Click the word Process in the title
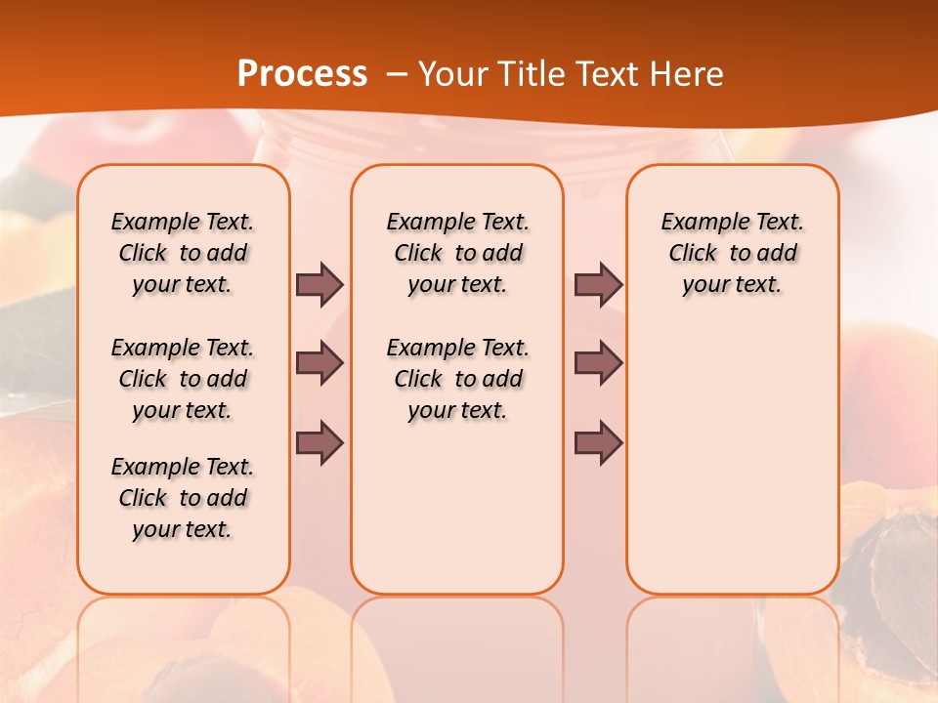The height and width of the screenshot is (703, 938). pos(302,73)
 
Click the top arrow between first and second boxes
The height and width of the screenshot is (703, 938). pos(320,284)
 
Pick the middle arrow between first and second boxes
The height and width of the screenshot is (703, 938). pos(320,363)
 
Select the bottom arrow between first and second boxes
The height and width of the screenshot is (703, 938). pos(320,442)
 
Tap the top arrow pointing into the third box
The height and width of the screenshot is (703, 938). pos(598,284)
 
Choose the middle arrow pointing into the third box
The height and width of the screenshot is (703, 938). pos(598,363)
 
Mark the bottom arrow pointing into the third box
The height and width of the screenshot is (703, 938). pos(598,442)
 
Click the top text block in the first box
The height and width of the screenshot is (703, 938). pos(183,253)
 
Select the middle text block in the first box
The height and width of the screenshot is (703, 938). pos(183,379)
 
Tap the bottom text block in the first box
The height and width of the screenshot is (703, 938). pos(183,498)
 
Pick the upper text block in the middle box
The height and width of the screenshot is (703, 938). pos(457,253)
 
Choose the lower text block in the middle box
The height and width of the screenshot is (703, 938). pos(457,379)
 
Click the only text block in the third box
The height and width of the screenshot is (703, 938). pos(733,253)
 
